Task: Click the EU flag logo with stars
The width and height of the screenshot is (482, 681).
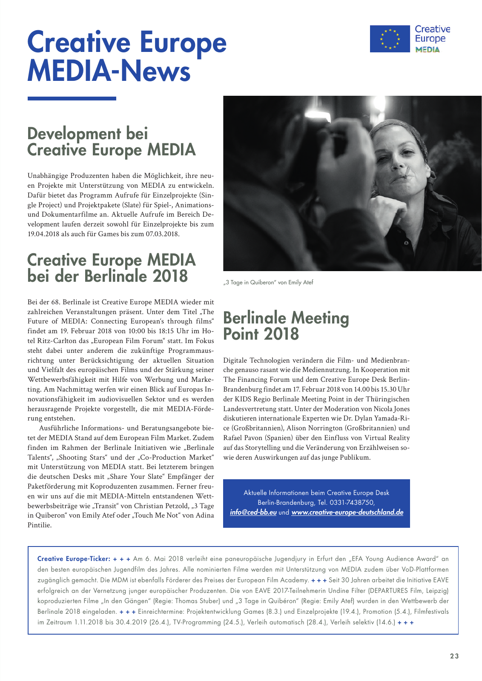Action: pos(390,39)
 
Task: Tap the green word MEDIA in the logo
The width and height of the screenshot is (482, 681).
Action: pos(427,49)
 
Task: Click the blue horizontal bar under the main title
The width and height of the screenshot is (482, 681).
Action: pos(72,98)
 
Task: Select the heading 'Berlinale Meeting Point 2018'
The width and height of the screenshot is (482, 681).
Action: pos(286,326)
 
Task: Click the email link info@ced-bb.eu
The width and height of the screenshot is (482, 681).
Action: pos(253,512)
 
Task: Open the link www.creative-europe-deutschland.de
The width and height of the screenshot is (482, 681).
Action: pos(347,512)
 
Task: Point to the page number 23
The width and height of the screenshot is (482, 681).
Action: pos(454,656)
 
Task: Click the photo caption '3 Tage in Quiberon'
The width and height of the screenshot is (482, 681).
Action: pos(268,282)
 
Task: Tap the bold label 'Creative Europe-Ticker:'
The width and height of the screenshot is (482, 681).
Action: pos(74,559)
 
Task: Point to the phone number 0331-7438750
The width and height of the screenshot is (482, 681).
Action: pos(352,503)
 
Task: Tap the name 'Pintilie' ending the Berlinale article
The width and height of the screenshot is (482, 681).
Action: pos(39,525)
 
